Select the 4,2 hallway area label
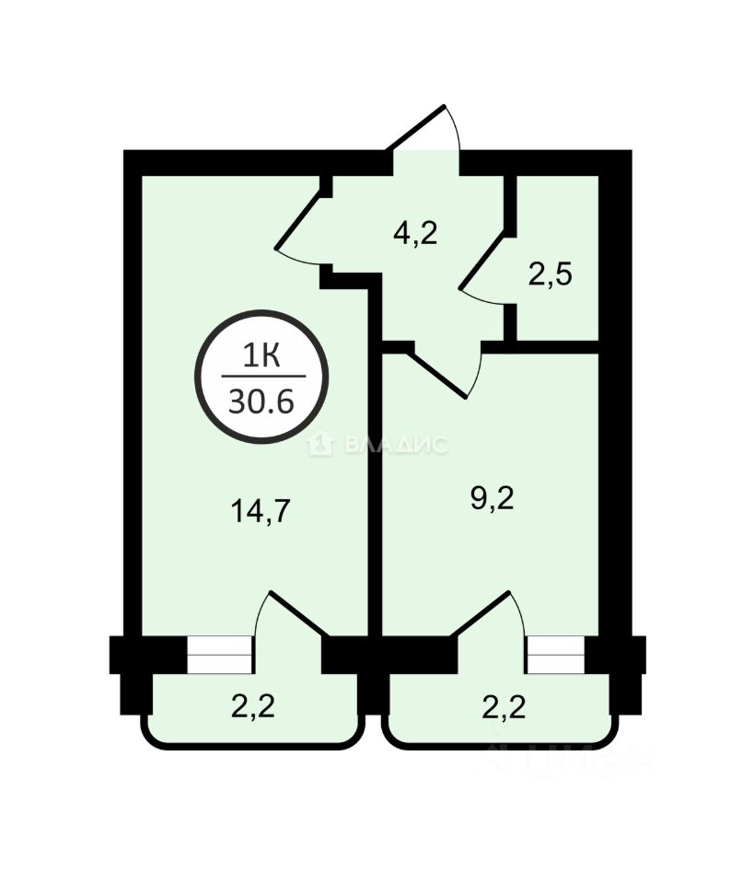414,234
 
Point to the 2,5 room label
551,274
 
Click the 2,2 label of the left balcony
252,707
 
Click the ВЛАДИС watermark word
397,446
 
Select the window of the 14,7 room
218,655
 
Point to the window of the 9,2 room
554,655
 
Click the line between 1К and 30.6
262,377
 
